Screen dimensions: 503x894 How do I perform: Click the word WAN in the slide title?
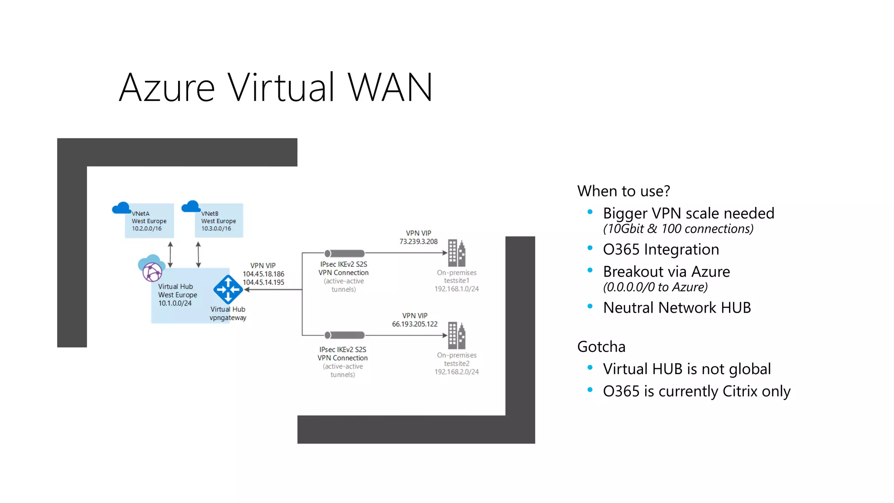[x=390, y=88]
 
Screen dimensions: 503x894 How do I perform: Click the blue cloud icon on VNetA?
[x=121, y=208]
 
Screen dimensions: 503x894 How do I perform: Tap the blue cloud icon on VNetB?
[x=191, y=207]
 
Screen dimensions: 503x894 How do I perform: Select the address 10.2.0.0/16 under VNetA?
[x=147, y=228]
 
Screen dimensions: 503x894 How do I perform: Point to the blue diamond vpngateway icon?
[x=228, y=289]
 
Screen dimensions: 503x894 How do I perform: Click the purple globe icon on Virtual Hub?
[x=152, y=272]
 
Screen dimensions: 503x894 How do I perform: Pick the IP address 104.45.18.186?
[x=263, y=274]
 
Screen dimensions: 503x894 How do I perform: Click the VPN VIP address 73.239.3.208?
[x=418, y=241]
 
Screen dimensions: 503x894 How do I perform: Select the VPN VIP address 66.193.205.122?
[x=414, y=324]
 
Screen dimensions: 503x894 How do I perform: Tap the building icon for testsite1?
[x=457, y=253]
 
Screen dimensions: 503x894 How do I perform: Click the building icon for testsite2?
[x=457, y=335]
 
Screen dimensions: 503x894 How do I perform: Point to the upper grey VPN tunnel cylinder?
[x=344, y=253]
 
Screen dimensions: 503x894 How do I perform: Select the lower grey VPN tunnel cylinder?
[x=344, y=335]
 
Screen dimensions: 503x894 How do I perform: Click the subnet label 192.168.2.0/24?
[x=456, y=372]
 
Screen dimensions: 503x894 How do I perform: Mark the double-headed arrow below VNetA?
[x=170, y=255]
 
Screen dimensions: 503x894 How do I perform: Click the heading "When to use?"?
[x=623, y=191]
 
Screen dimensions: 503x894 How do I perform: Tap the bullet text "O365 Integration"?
[x=661, y=249]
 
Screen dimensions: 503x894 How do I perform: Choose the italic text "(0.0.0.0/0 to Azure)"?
[x=655, y=287]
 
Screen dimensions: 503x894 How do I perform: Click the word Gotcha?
[x=601, y=347]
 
